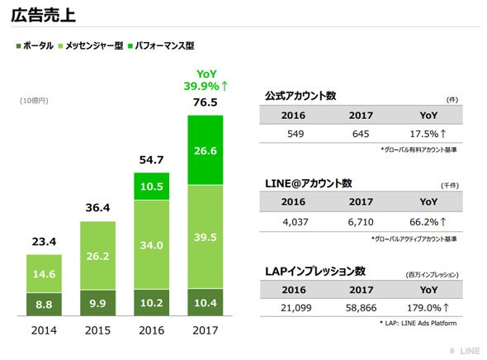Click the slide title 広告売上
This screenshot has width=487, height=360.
coord(43,15)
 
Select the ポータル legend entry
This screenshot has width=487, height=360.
coord(35,45)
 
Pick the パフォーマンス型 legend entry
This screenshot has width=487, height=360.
coord(161,45)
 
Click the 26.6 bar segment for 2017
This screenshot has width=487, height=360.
coord(206,150)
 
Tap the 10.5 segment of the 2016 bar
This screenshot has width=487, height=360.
coord(152,187)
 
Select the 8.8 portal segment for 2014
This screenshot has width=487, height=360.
coord(44,304)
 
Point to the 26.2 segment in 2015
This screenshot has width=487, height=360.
coord(98,256)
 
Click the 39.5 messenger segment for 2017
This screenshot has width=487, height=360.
coord(206,237)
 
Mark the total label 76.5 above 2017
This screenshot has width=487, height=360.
coord(206,102)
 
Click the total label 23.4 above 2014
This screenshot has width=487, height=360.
coord(44,241)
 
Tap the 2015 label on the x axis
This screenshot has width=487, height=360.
coord(98,330)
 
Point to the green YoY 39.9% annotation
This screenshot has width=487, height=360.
coord(206,80)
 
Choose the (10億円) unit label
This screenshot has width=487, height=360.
coord(34,101)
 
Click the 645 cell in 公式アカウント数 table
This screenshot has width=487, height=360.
coord(361,134)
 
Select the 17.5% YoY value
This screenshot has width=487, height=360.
coord(428,134)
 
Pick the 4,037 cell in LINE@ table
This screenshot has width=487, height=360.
coord(296,222)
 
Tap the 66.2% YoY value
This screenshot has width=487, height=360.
coord(428,222)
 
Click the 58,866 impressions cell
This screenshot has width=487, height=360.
coord(361,308)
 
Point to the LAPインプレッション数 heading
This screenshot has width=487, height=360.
coord(315,271)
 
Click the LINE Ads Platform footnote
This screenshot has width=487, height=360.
coord(418,323)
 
